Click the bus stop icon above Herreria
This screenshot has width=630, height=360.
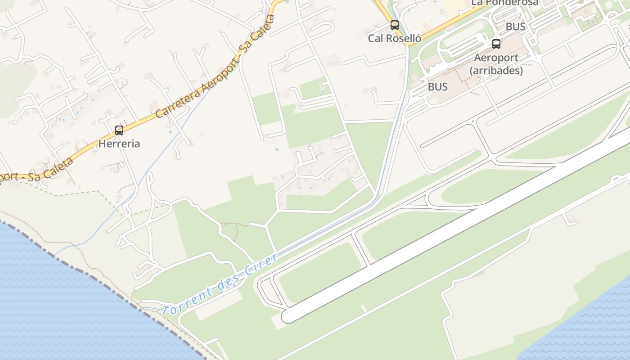click(x=119, y=130)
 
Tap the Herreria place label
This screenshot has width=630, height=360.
click(x=119, y=144)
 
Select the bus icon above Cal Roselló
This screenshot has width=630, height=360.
click(x=395, y=25)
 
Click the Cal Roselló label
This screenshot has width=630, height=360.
click(x=395, y=38)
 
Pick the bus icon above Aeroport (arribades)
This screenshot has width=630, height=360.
click(x=496, y=44)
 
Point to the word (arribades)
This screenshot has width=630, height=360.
click(x=496, y=71)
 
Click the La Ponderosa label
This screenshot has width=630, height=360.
click(x=505, y=3)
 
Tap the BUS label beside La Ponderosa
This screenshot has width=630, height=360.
click(x=516, y=27)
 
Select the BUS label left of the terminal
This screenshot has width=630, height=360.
click(x=438, y=86)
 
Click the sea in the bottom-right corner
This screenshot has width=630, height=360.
click(x=589, y=328)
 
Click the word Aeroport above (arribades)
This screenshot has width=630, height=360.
click(x=496, y=58)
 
